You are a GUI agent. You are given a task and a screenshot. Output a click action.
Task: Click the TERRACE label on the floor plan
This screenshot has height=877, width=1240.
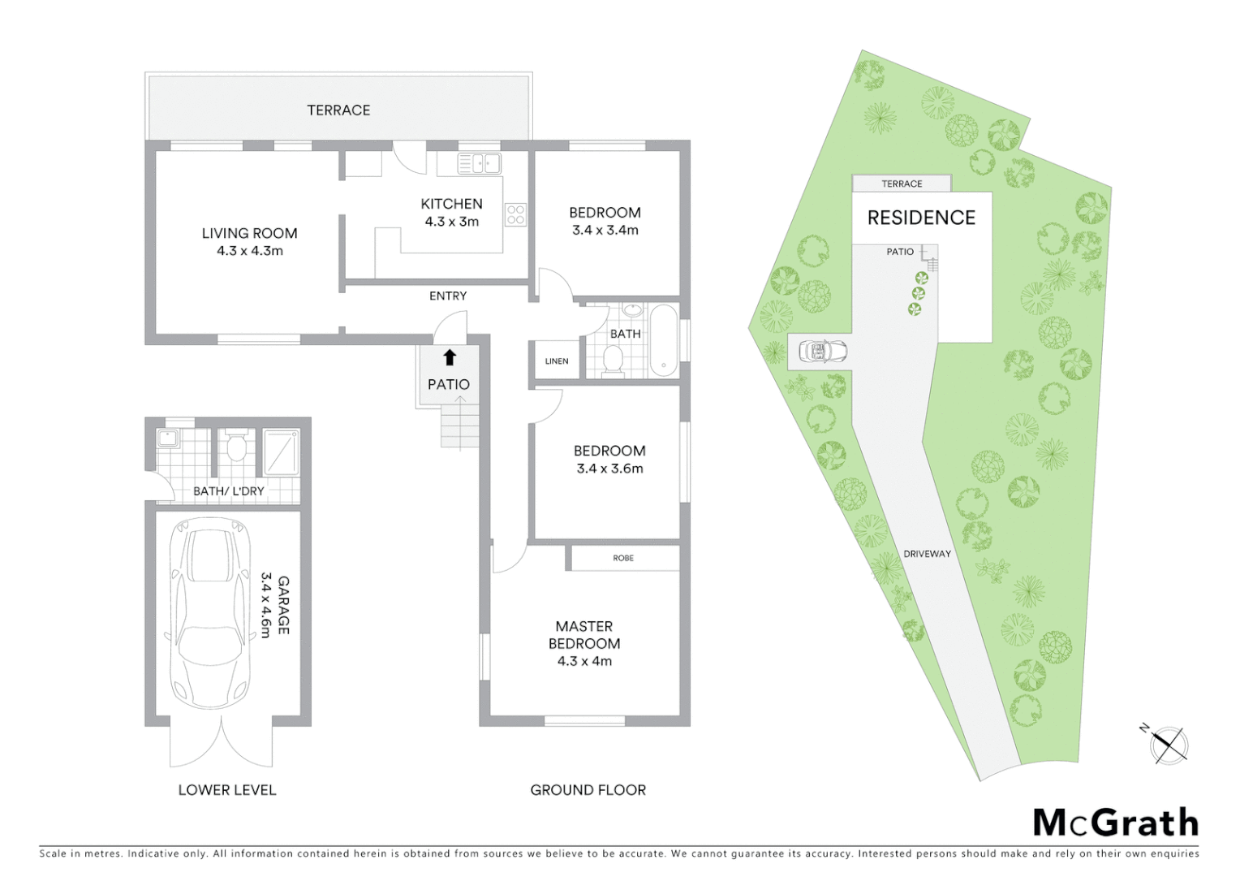point(338,110)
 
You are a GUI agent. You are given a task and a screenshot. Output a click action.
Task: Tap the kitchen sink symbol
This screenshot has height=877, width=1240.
point(479,163)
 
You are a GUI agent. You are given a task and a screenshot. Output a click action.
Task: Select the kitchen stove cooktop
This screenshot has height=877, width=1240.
point(516,214)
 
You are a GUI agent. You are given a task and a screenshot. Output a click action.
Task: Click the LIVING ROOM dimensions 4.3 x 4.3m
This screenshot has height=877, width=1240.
point(250,251)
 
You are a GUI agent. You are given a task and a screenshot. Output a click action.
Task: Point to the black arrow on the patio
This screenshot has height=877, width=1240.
point(450,357)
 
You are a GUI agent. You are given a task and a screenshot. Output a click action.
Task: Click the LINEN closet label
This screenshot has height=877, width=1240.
point(557,361)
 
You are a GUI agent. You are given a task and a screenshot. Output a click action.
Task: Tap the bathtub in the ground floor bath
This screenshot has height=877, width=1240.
point(664,341)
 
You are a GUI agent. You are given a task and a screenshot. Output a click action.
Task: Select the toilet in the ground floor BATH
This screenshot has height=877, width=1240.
point(613,361)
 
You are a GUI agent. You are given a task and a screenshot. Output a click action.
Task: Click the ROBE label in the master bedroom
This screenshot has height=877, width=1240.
point(623,558)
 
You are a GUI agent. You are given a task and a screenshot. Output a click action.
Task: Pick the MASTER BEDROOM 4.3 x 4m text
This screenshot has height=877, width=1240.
point(584,643)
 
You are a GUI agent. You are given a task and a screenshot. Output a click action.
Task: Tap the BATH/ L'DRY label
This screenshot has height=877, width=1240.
point(229,491)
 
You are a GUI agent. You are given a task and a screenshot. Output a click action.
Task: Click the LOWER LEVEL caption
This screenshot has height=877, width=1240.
point(227,789)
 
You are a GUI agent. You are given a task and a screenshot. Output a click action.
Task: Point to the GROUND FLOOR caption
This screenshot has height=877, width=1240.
point(588,789)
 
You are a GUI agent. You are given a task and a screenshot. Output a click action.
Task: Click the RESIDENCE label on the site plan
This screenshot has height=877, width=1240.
point(921,218)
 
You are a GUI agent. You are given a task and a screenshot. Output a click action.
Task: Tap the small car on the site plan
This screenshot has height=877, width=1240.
point(823,352)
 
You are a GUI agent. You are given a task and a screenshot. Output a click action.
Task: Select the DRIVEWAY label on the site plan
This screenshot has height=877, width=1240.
point(927,554)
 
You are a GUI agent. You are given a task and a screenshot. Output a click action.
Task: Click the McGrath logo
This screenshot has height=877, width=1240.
point(1116,823)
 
